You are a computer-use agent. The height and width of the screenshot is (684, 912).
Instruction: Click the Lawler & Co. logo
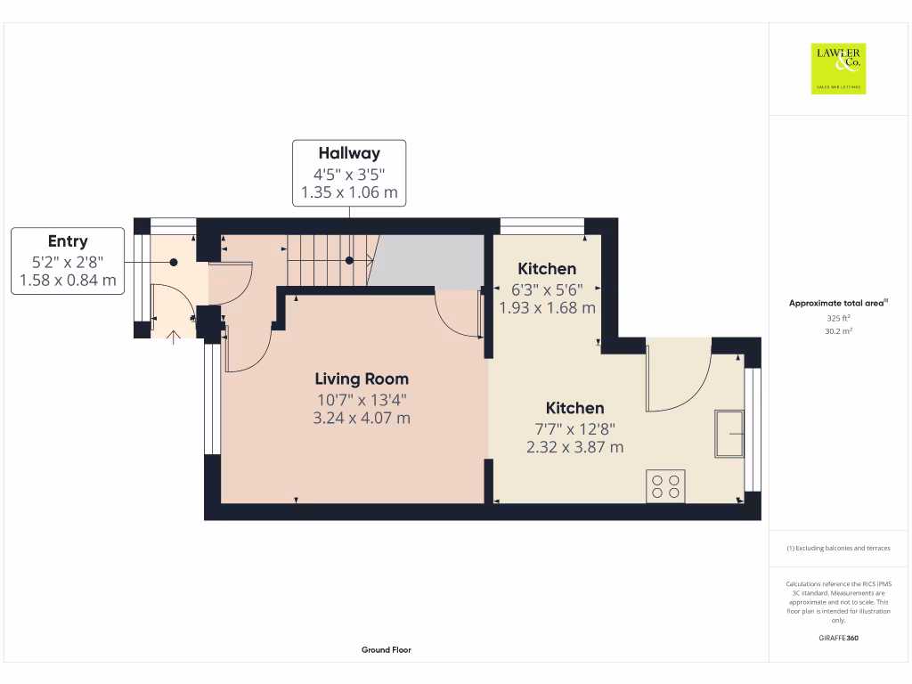click(x=838, y=69)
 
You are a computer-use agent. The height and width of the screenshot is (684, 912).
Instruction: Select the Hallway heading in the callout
click(x=349, y=153)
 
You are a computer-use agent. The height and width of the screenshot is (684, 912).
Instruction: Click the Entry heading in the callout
click(x=68, y=240)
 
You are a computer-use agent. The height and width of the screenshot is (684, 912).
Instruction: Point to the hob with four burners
click(x=666, y=485)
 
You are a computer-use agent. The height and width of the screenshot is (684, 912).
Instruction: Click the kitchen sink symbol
click(x=729, y=434)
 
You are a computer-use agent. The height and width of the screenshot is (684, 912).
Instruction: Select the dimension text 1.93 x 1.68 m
click(x=547, y=308)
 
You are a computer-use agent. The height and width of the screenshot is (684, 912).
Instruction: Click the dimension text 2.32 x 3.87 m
click(x=574, y=447)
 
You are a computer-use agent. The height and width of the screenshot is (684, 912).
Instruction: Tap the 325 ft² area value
click(x=838, y=318)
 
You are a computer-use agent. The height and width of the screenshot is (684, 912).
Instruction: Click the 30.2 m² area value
click(x=838, y=331)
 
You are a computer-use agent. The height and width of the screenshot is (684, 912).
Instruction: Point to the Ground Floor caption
click(x=387, y=650)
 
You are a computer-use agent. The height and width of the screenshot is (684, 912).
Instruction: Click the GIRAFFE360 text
click(x=838, y=638)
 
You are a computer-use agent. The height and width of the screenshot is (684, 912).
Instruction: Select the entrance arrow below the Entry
click(x=173, y=335)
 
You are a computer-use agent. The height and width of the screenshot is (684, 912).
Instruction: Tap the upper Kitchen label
click(x=547, y=268)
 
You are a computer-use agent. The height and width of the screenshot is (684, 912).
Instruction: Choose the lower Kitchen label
click(x=574, y=408)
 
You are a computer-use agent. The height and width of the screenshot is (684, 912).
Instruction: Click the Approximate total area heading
click(x=838, y=304)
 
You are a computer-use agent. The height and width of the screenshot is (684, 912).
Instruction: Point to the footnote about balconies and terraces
click(x=838, y=549)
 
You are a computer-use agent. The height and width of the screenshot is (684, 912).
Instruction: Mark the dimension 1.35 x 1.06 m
click(x=349, y=192)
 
